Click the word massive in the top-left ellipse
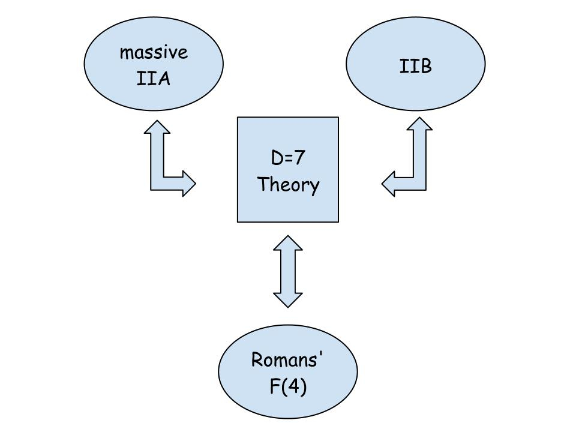click(x=154, y=52)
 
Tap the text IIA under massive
click(x=154, y=79)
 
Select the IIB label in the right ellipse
click(x=415, y=66)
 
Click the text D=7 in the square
click(x=288, y=158)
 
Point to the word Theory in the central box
click(x=288, y=184)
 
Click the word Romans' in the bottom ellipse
click(x=287, y=360)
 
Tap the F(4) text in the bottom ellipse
click(x=288, y=386)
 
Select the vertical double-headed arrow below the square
click(x=288, y=271)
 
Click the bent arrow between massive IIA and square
click(x=160, y=174)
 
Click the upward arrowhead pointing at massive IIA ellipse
click(x=157, y=127)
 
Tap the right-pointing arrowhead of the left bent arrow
click(x=189, y=183)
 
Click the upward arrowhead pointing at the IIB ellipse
click(x=419, y=124)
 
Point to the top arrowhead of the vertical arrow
click(x=288, y=242)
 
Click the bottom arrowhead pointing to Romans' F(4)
click(x=288, y=300)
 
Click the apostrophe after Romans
click(x=322, y=355)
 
